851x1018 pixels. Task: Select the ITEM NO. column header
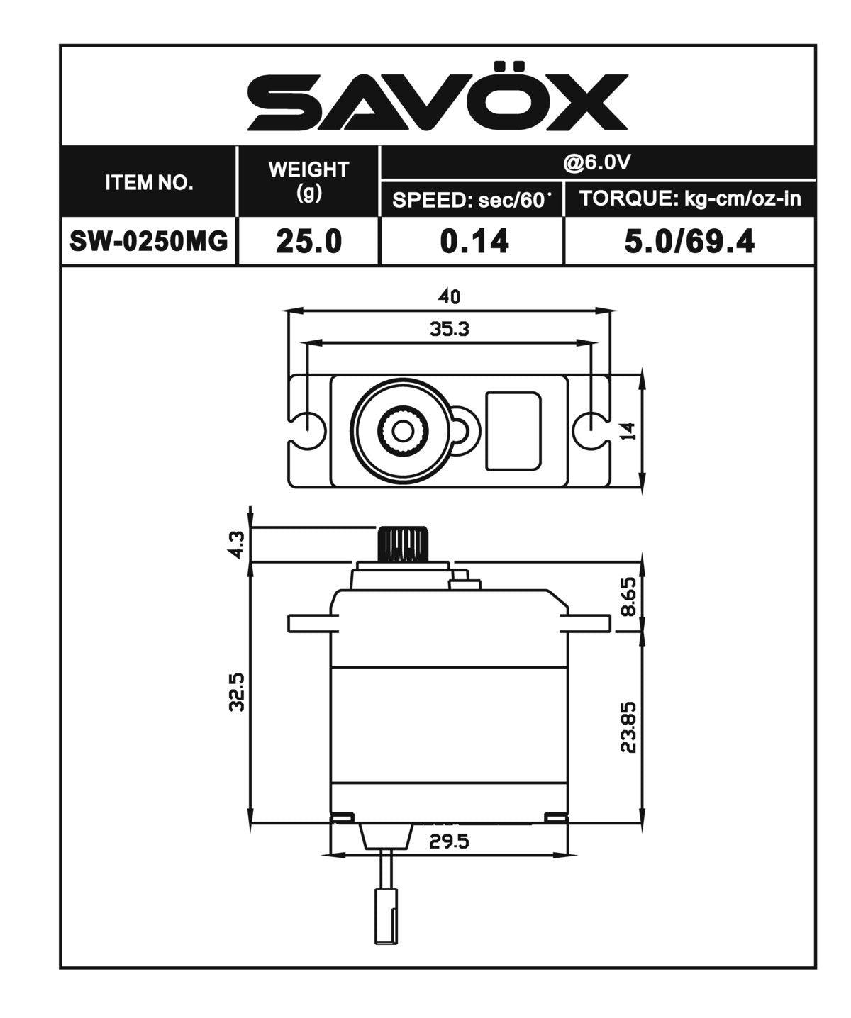148,182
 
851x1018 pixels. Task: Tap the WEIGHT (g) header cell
308,181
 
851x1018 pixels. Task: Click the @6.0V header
597,163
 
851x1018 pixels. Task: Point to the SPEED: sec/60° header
472,199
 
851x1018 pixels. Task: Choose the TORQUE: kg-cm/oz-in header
690,198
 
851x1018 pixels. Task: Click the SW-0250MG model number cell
148,241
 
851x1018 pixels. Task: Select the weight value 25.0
308,241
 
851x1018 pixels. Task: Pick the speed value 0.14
474,241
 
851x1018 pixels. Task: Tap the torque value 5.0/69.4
689,241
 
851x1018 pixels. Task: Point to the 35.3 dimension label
450,329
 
